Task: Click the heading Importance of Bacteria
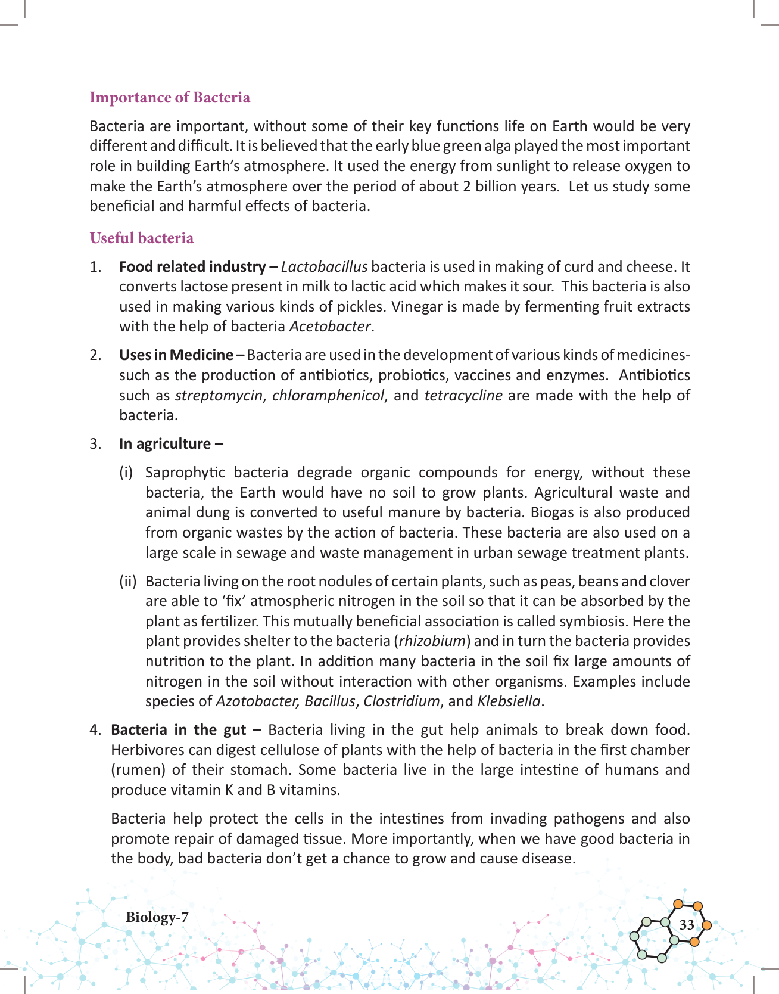point(170,98)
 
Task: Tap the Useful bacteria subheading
point(142,238)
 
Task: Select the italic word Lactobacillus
point(324,267)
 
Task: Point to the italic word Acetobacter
point(330,327)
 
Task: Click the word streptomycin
point(219,396)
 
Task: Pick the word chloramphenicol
point(328,396)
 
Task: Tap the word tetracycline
point(463,396)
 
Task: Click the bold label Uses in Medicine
point(181,355)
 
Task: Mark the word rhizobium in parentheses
point(432,641)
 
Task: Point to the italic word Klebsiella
point(509,701)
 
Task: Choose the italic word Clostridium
point(401,701)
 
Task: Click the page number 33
point(687,925)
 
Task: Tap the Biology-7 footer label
point(157,917)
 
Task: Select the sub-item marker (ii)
point(128,581)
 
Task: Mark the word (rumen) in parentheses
point(138,770)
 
